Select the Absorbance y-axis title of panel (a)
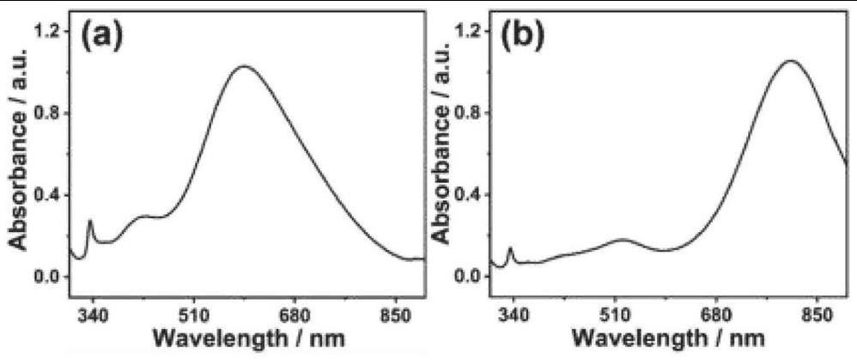point(17,161)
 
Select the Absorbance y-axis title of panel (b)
point(440,161)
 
